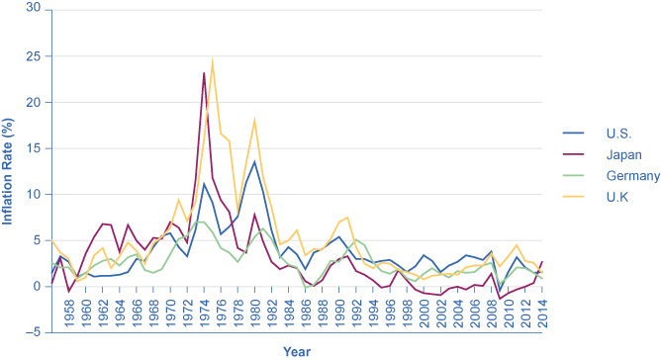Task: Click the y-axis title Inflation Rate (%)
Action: click(9, 169)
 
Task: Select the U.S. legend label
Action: click(616, 132)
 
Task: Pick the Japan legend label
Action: click(620, 153)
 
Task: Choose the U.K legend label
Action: click(614, 197)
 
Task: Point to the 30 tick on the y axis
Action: click(34, 9)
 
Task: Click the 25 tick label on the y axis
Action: click(34, 55)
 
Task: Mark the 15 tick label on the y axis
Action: click(34, 148)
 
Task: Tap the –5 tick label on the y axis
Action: click(34, 333)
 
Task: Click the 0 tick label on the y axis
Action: click(38, 287)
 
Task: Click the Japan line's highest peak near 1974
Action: click(204, 73)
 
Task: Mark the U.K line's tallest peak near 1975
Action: click(212, 59)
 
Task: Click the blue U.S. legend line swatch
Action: click(575, 132)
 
